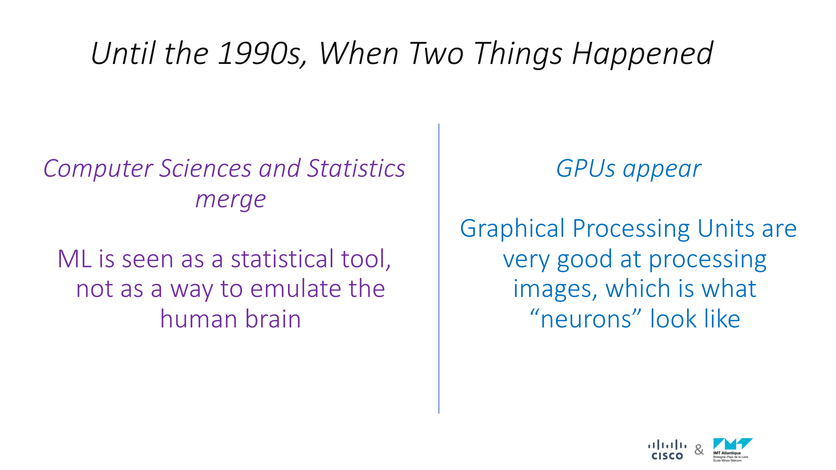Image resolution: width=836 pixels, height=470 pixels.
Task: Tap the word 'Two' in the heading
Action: (x=436, y=53)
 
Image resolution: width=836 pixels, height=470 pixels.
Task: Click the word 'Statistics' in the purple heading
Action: (x=356, y=168)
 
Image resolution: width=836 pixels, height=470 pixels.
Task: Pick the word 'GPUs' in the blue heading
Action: (x=586, y=168)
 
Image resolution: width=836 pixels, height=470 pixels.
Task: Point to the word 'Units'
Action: (x=726, y=229)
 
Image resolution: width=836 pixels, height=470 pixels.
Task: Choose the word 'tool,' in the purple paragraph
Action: (x=366, y=259)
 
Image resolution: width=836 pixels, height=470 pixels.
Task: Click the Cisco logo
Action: (x=667, y=450)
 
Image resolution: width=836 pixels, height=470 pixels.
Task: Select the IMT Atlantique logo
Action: (x=733, y=450)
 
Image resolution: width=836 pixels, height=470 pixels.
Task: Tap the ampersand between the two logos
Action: (x=699, y=450)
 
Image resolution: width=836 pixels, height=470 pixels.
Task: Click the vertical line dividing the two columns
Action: (x=439, y=269)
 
